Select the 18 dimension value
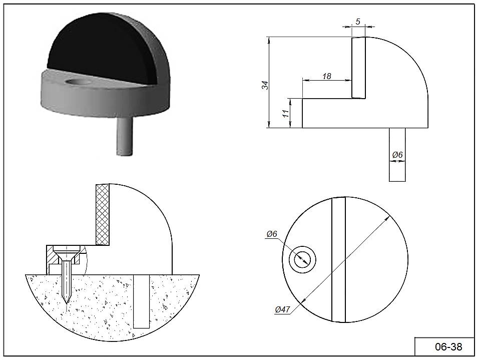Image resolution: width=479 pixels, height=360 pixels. (326, 76)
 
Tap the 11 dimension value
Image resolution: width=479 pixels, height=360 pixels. (286, 114)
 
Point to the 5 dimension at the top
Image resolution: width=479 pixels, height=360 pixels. (358, 22)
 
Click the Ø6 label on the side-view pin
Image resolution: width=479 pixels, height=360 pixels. (397, 155)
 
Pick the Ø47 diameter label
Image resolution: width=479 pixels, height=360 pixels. (282, 309)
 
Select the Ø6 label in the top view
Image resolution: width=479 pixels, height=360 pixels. (272, 234)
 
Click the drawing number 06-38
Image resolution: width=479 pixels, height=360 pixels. (448, 347)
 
